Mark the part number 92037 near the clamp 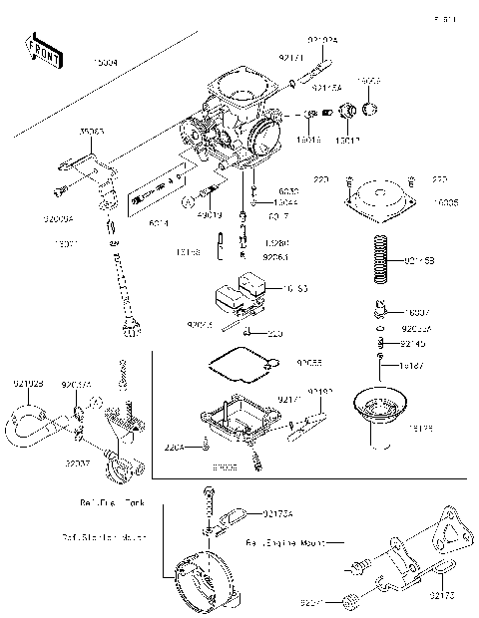click(x=79, y=463)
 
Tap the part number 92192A click(x=322, y=39)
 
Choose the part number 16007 click(x=417, y=312)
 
